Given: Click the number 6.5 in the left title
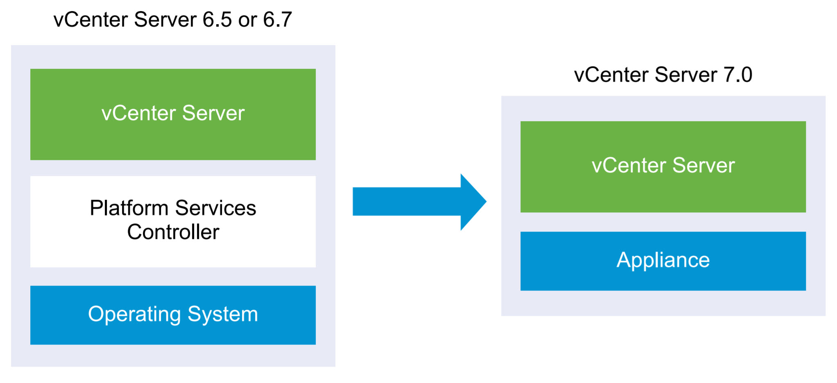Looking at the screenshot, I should [217, 20].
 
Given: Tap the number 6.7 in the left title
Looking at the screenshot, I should [277, 20].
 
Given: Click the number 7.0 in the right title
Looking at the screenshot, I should [737, 75].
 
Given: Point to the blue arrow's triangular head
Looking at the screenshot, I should [472, 202].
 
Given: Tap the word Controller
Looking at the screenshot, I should [173, 232].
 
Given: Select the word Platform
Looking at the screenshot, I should [129, 208].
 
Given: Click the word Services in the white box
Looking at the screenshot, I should [215, 208].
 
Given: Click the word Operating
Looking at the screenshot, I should [134, 315].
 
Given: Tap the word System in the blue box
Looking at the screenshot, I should [223, 315].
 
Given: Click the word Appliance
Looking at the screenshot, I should [663, 260].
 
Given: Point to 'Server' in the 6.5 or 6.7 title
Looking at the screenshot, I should [165, 20].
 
